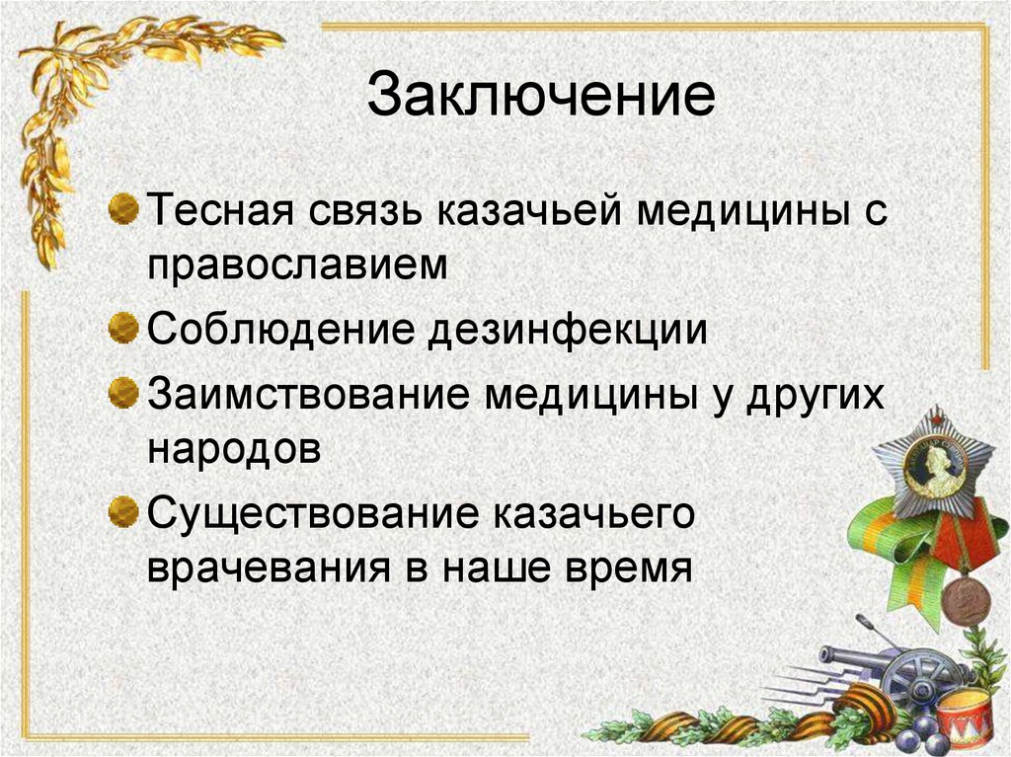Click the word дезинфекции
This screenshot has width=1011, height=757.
tap(567, 329)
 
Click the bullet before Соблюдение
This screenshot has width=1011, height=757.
tap(122, 327)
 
